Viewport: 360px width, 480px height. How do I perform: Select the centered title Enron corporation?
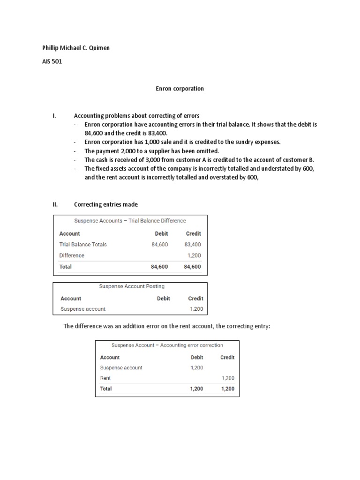[180, 89]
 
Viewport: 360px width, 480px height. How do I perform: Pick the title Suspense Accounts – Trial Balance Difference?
[130, 221]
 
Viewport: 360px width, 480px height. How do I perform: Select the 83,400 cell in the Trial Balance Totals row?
[193, 244]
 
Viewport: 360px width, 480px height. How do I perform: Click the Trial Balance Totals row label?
[83, 244]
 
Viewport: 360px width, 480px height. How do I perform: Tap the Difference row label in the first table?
[72, 255]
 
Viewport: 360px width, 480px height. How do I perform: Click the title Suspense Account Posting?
[132, 286]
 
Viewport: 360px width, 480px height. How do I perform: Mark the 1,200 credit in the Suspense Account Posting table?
[196, 309]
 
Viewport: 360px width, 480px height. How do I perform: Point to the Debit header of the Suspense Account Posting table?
[163, 298]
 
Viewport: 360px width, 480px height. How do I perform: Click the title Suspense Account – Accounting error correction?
[167, 345]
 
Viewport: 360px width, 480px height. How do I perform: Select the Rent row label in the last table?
[105, 378]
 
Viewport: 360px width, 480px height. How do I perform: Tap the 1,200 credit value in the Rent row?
[227, 378]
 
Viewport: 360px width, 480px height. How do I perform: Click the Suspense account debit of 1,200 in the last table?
[197, 367]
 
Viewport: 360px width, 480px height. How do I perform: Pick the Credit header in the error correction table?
[227, 357]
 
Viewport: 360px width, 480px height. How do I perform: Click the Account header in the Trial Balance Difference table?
[69, 233]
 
